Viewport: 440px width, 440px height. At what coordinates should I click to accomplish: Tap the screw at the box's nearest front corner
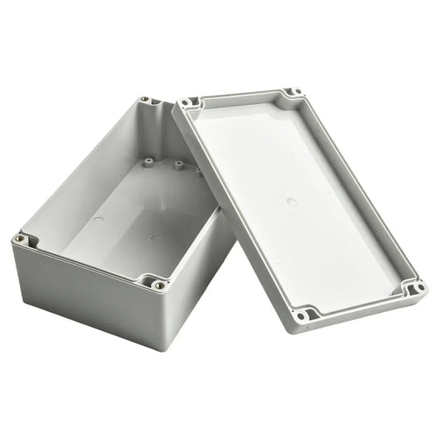tap(158, 285)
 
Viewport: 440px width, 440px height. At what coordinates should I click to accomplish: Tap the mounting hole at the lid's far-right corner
tap(418, 288)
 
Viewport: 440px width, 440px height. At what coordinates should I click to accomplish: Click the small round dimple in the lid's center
tap(291, 201)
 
